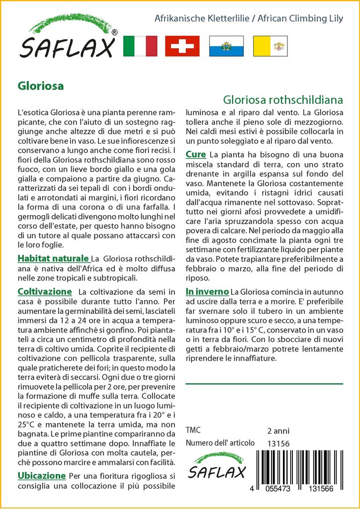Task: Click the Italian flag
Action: tap(140, 46)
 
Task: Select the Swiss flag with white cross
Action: tap(182, 46)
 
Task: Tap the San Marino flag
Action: tap(226, 46)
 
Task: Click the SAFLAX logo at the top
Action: tap(67, 39)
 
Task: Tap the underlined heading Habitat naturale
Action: tap(53, 258)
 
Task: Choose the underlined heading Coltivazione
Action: tap(45, 291)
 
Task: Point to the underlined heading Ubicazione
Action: tap(41, 476)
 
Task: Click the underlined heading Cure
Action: tap(196, 155)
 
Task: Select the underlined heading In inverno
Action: tap(207, 291)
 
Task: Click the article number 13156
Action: tap(278, 443)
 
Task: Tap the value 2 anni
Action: tap(278, 430)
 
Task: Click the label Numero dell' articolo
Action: tap(220, 443)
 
